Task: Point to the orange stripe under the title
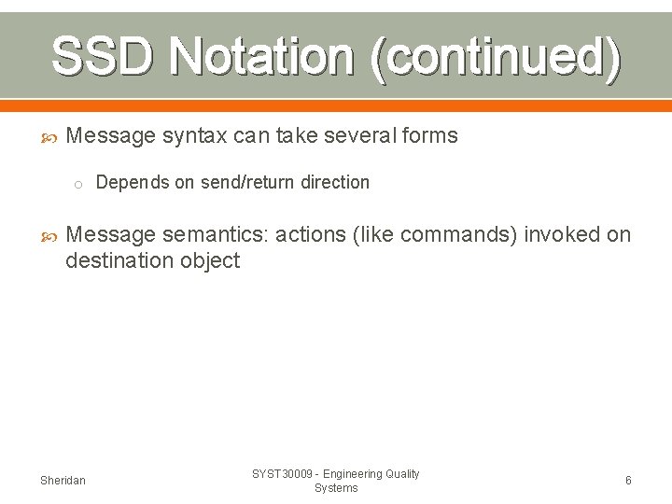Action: click(x=336, y=105)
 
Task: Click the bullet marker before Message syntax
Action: click(x=51, y=137)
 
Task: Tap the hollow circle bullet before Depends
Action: click(x=79, y=184)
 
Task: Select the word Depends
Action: click(x=129, y=183)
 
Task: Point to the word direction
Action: click(x=335, y=183)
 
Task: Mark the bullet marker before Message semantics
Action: click(x=51, y=235)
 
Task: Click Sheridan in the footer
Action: click(x=63, y=481)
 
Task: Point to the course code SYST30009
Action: click(x=283, y=474)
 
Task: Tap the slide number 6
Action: click(x=628, y=481)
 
